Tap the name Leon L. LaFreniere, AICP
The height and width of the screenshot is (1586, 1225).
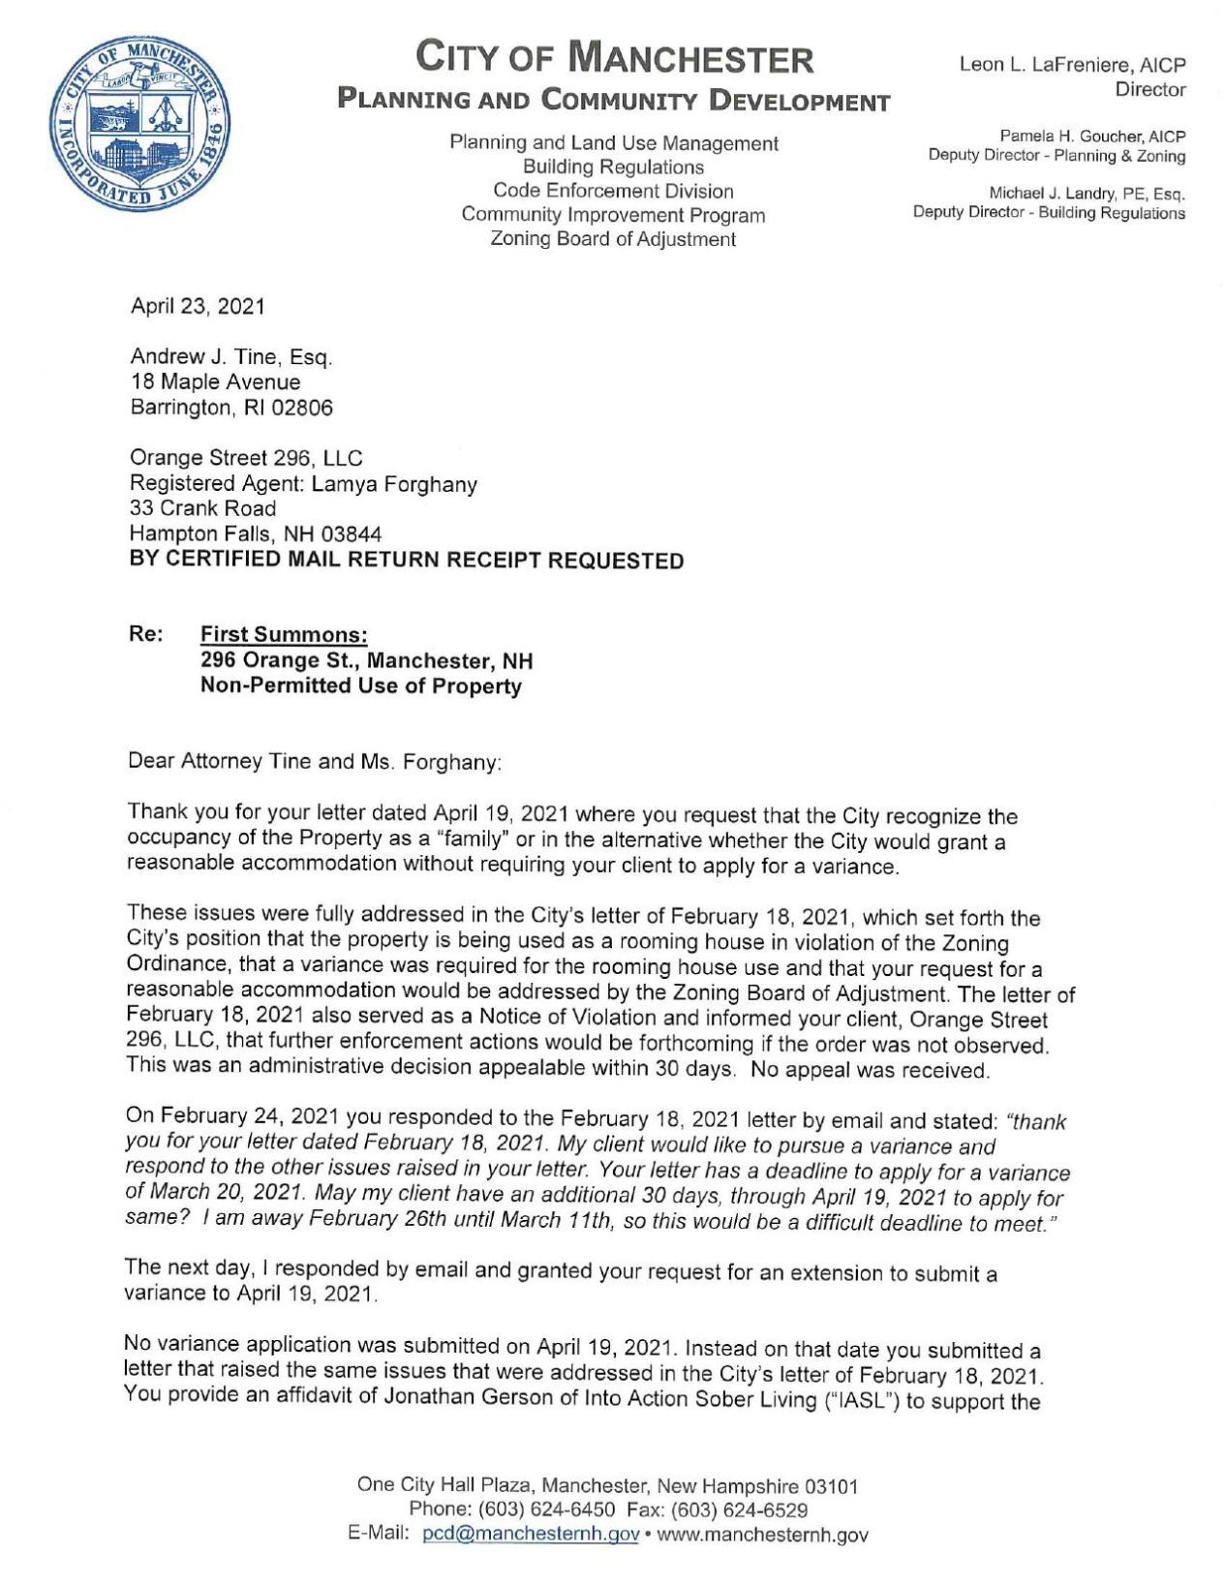[1072, 65]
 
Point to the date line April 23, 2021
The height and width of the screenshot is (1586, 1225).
[198, 307]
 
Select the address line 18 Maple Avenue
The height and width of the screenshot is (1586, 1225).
[215, 382]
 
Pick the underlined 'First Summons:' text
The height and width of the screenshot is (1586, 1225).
[284, 635]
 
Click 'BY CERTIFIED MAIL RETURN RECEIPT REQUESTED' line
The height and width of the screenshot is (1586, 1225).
[407, 560]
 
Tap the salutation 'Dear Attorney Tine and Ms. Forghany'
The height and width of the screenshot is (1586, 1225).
[316, 762]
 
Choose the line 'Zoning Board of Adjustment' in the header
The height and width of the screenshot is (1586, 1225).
[613, 239]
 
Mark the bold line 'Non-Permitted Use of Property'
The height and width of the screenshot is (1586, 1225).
[360, 686]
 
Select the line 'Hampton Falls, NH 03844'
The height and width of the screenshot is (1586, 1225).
[256, 534]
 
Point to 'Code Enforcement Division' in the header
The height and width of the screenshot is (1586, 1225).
[613, 191]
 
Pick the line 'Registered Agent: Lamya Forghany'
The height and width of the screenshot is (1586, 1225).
[303, 483]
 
